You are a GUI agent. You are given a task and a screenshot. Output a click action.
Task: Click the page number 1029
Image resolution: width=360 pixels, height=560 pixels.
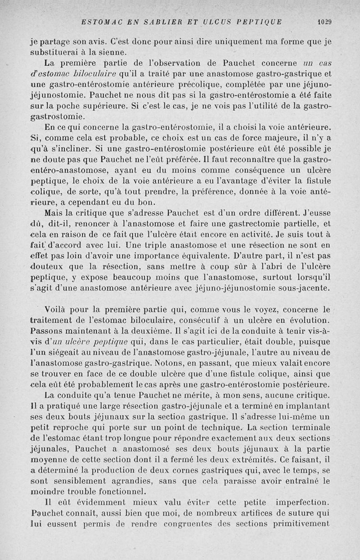point(324,21)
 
